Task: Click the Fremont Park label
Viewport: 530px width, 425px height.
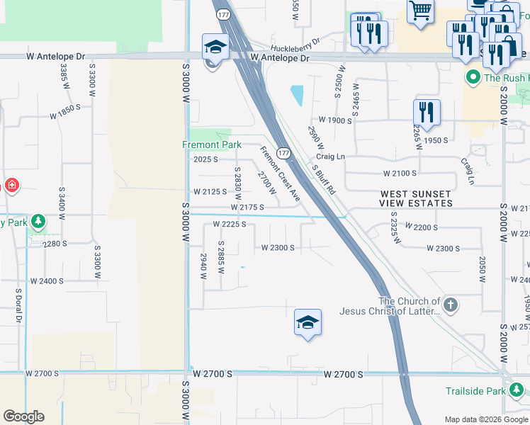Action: tap(212, 144)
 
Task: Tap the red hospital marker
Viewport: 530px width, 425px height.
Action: tap(12, 186)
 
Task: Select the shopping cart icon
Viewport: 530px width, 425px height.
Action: tap(420, 10)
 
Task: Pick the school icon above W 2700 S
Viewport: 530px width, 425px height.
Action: tap(308, 323)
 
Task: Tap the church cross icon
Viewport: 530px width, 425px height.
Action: tap(451, 305)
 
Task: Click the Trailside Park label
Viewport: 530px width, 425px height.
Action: tap(475, 391)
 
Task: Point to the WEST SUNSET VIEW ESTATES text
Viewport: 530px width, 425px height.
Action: tap(416, 198)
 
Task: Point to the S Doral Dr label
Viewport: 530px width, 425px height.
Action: tap(18, 306)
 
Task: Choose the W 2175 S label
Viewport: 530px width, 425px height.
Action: tap(247, 208)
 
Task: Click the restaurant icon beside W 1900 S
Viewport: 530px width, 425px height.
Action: tap(427, 111)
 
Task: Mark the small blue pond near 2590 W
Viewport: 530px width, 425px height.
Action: tap(297, 95)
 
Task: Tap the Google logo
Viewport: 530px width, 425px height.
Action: tap(23, 416)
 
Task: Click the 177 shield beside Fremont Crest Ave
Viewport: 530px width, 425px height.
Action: tap(283, 153)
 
